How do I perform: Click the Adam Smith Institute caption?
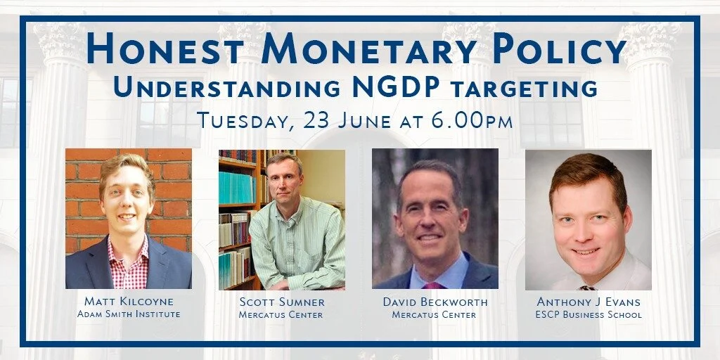pos(129,314)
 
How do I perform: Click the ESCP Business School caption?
pos(588,314)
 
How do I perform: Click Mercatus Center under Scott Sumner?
pos(281,314)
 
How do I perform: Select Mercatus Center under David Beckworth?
pos(435,314)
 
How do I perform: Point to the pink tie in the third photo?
pos(432,285)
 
